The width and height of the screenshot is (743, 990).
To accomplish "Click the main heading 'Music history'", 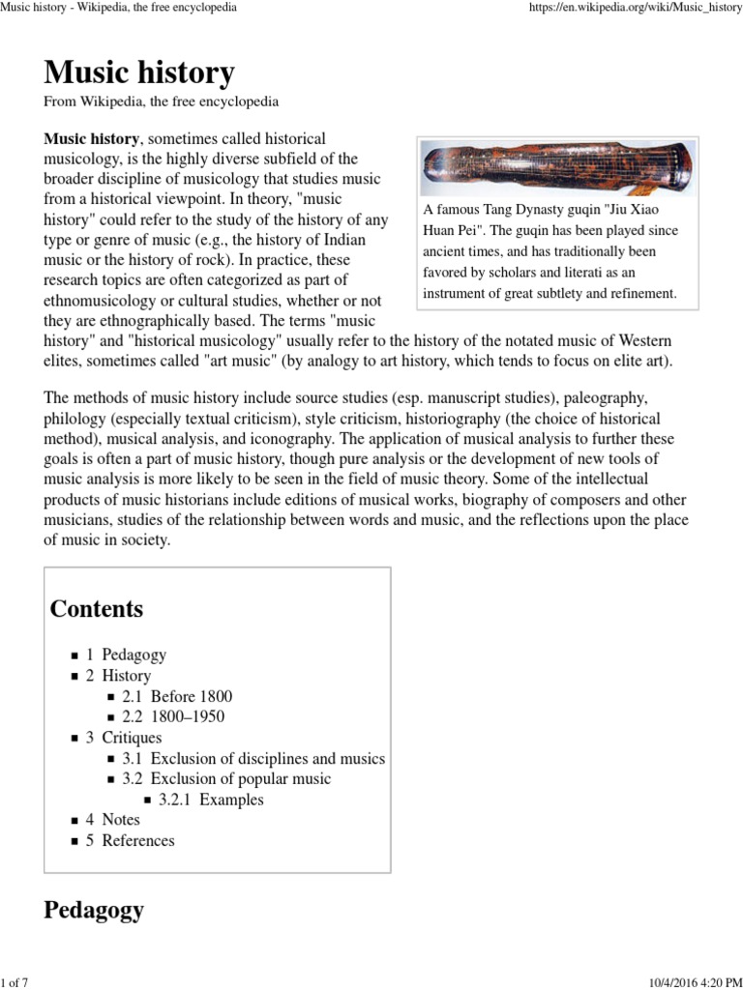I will coord(139,73).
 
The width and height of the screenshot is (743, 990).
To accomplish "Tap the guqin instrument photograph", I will coord(557,167).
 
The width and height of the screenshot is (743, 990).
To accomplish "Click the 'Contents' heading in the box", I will coord(97,609).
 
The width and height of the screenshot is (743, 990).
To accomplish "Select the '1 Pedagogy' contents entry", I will coord(127,655).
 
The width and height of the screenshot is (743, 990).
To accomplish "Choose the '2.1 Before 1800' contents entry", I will coord(177,696).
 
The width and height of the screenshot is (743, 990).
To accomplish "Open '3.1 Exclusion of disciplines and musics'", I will coord(253,758).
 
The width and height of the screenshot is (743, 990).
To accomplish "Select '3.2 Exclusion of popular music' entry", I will coord(226,778).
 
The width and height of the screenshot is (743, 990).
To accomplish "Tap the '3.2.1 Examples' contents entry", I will coord(211,800).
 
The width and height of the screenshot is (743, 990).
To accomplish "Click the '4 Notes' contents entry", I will coord(113,820).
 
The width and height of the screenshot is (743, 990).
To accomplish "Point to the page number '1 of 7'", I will coord(15,982).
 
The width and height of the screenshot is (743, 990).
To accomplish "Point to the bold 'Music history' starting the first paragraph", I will coord(92,139).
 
